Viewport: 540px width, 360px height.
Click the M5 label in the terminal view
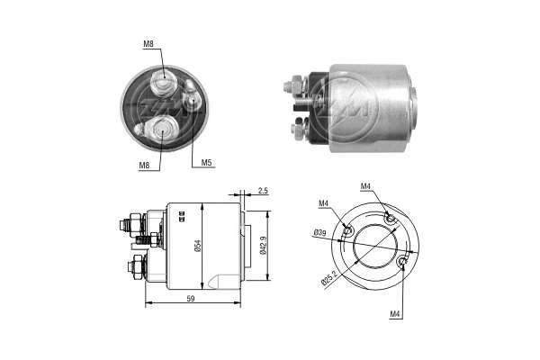(x=206, y=163)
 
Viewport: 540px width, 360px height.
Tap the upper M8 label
(x=148, y=44)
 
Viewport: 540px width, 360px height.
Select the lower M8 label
(x=144, y=166)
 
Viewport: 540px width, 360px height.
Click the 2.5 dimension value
(x=263, y=191)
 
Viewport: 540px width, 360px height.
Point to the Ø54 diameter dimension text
(x=198, y=246)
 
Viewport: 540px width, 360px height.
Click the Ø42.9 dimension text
(x=263, y=246)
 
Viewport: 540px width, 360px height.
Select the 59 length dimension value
(x=191, y=299)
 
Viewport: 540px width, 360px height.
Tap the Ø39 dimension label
(x=319, y=233)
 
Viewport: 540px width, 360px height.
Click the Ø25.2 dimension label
(x=328, y=278)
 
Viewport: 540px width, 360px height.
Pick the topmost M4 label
(x=365, y=186)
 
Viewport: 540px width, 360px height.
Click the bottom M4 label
(x=395, y=314)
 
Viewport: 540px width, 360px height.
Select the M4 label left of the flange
(x=323, y=203)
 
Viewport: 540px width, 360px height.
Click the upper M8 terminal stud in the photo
(x=164, y=82)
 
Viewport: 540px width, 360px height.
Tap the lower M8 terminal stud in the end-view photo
(x=161, y=130)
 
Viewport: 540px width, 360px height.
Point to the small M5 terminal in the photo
(x=191, y=97)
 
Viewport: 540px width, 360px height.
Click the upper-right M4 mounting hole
(x=390, y=218)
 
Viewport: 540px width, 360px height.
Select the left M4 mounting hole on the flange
(x=348, y=230)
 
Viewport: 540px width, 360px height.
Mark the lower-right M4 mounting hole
(x=402, y=263)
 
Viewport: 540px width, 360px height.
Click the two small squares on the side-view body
(x=182, y=215)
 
